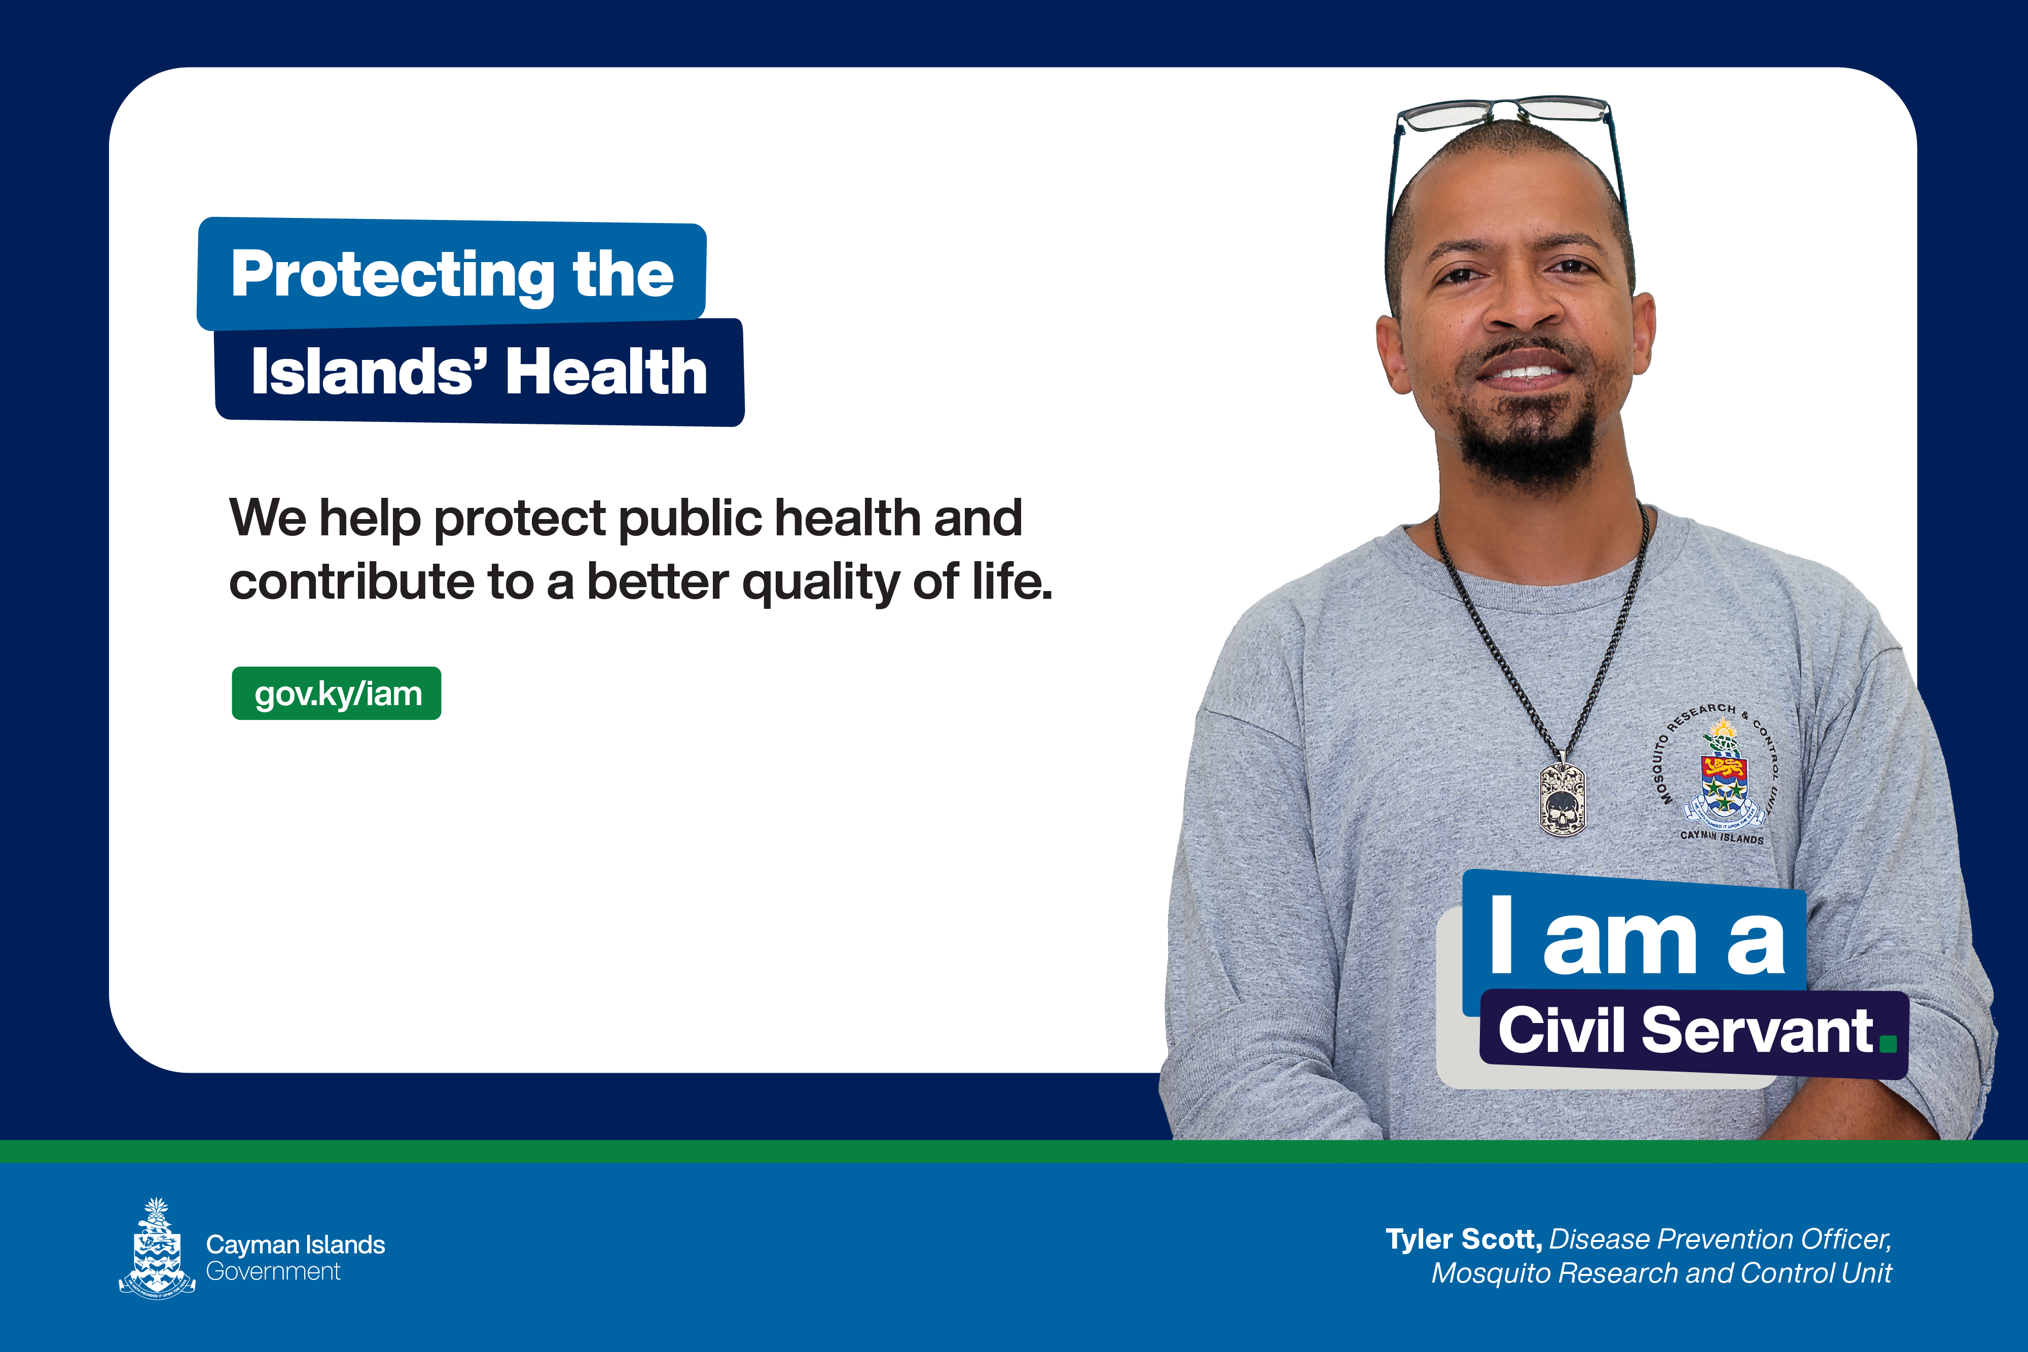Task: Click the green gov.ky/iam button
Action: click(336, 693)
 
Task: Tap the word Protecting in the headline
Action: click(392, 274)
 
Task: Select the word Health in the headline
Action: click(606, 373)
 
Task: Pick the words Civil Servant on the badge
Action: click(1686, 1031)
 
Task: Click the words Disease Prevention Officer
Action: click(1720, 1239)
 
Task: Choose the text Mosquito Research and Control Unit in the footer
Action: click(1661, 1273)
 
